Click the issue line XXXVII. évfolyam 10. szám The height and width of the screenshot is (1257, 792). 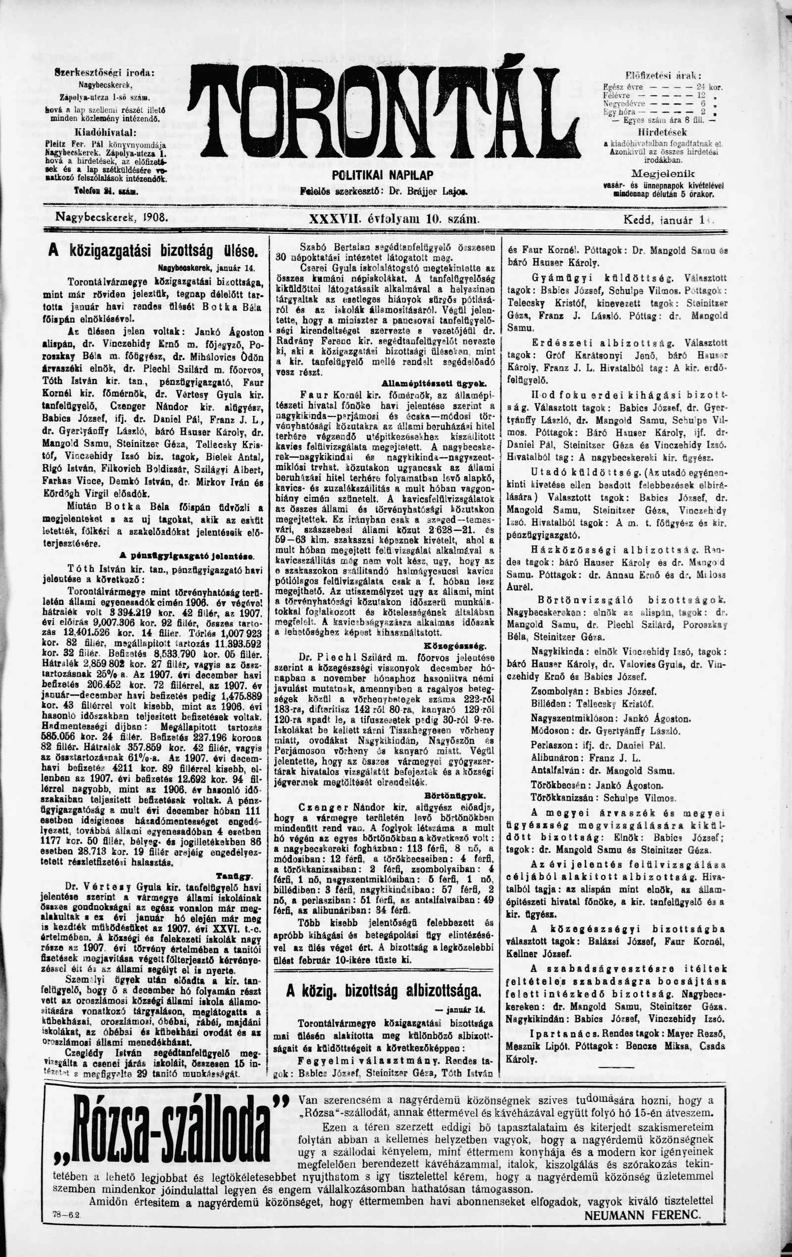(395, 220)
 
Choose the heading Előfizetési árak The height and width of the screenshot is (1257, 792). (663, 75)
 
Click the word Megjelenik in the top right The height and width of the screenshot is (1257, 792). (663, 173)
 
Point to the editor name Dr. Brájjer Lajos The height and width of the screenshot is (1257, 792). (426, 191)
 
